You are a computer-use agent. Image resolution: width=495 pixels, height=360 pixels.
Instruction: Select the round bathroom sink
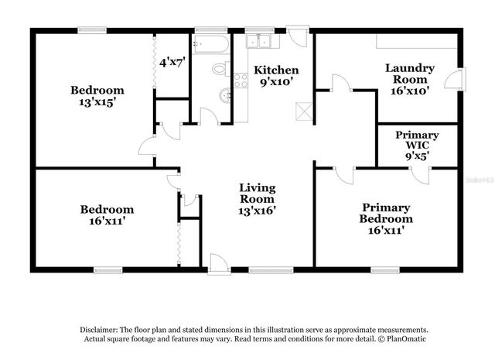[x=224, y=97]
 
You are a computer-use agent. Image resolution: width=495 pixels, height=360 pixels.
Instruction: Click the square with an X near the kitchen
[x=306, y=111]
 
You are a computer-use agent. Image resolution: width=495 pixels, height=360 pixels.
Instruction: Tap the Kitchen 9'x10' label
[x=276, y=75]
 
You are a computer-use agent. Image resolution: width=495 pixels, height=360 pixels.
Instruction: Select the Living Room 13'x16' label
[x=258, y=198]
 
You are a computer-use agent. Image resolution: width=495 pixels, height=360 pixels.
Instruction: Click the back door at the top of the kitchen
[x=297, y=36]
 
